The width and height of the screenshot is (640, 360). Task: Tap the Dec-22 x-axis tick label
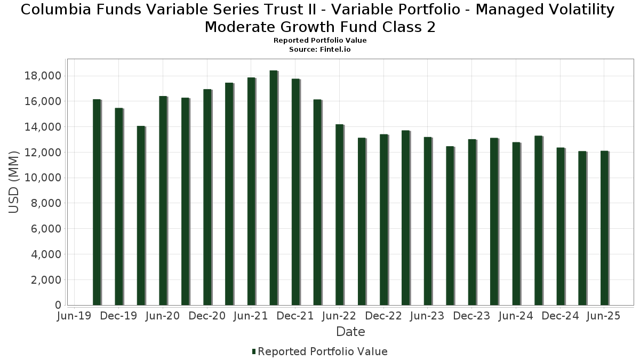383,316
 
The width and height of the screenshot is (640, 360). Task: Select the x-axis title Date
350,332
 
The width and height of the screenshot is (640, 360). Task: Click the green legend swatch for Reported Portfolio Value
254,351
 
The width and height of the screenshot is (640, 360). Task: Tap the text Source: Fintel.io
320,49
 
